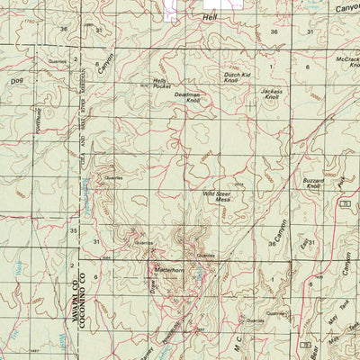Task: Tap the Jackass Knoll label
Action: [271, 94]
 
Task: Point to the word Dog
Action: [13, 82]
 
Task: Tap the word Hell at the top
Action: [211, 17]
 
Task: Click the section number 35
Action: [73, 231]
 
